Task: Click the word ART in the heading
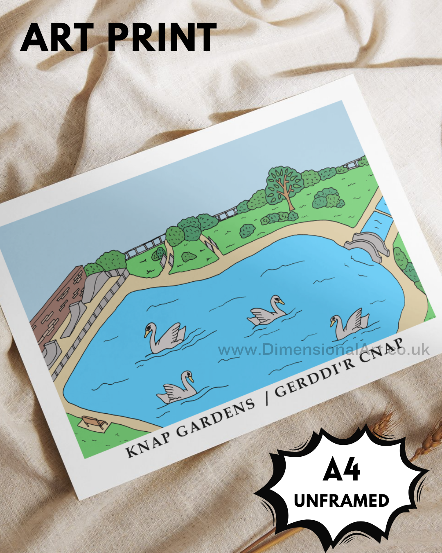(57, 37)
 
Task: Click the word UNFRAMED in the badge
(341, 501)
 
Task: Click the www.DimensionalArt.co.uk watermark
(323, 349)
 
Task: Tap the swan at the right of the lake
(350, 324)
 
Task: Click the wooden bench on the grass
(94, 422)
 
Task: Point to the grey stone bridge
(366, 244)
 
